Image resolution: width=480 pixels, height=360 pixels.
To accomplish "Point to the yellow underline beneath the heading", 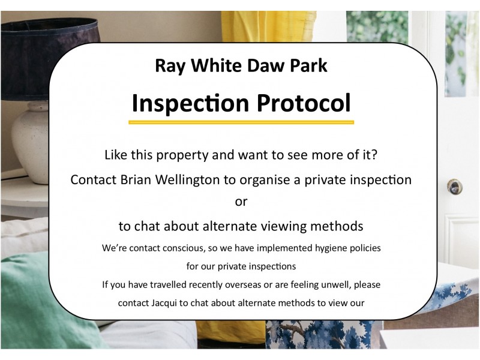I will [x=241, y=122].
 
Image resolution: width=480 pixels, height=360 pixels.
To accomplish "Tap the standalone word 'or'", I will [x=241, y=202].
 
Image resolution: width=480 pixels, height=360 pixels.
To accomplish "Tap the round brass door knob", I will [x=454, y=187].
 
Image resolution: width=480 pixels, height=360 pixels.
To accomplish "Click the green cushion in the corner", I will [x=36, y=300].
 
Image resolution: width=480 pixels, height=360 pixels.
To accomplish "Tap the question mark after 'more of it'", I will [x=373, y=155].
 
